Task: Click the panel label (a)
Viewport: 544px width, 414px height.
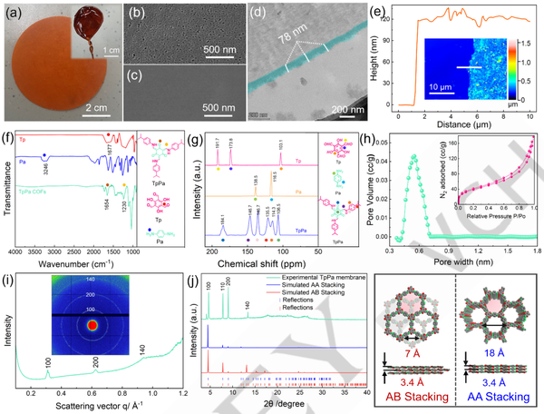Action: pyautogui.click(x=15, y=12)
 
